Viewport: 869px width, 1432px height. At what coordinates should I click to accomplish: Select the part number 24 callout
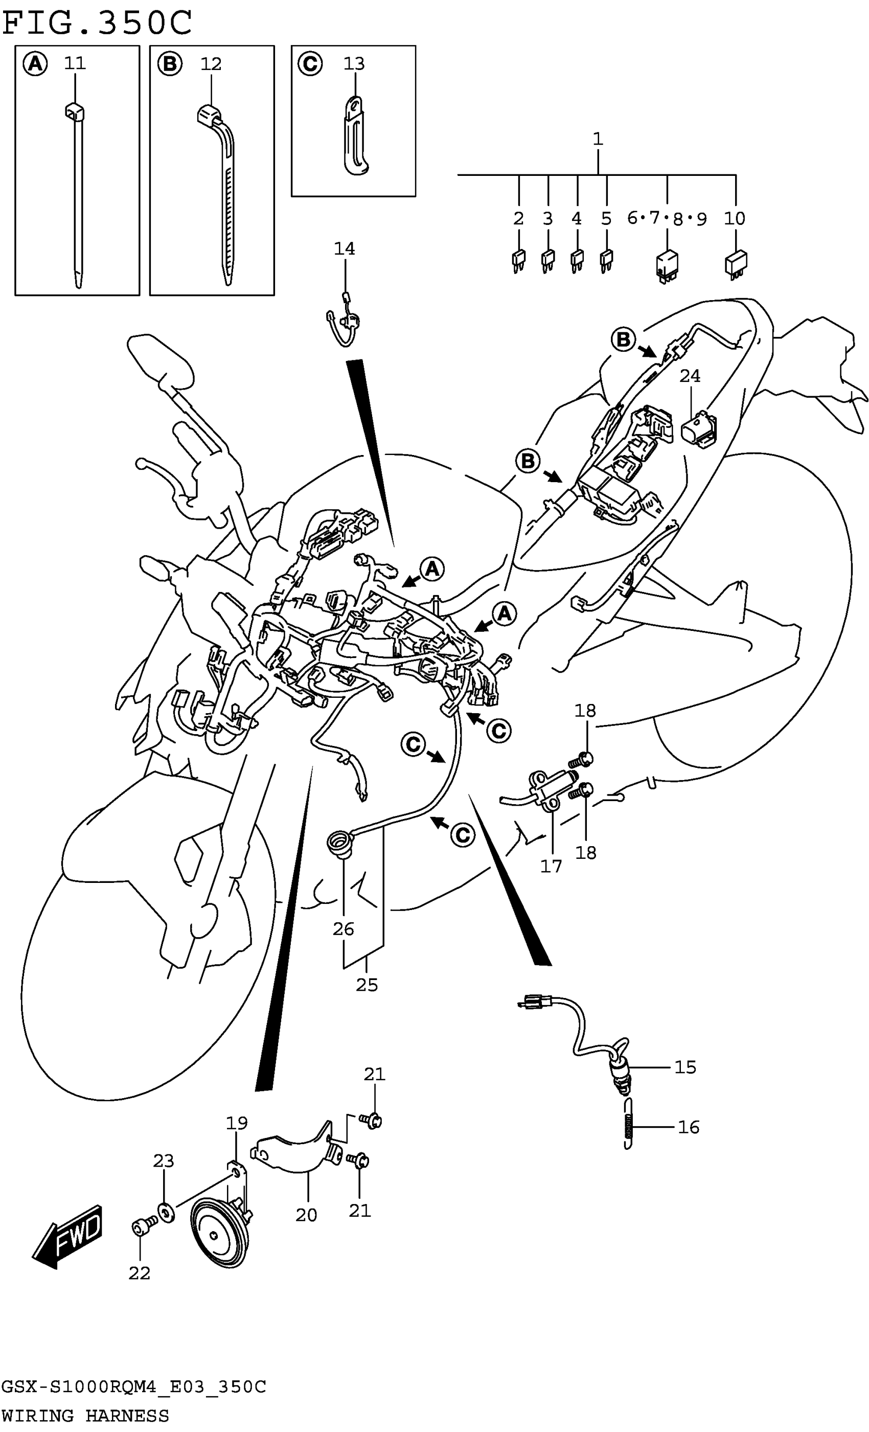tap(690, 376)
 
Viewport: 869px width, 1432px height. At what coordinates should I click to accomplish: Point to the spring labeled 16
tap(627, 1127)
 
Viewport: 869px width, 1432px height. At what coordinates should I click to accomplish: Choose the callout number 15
tap(685, 1067)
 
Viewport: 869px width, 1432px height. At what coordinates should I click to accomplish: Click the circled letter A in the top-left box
tap(35, 64)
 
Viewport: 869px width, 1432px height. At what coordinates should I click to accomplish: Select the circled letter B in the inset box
tap(170, 64)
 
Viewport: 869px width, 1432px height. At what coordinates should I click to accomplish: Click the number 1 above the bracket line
tap(598, 139)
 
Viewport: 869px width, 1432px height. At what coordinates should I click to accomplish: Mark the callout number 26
tap(343, 929)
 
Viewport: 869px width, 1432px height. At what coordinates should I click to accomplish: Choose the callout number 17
tap(551, 866)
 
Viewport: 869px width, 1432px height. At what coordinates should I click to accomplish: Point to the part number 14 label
tap(344, 249)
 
